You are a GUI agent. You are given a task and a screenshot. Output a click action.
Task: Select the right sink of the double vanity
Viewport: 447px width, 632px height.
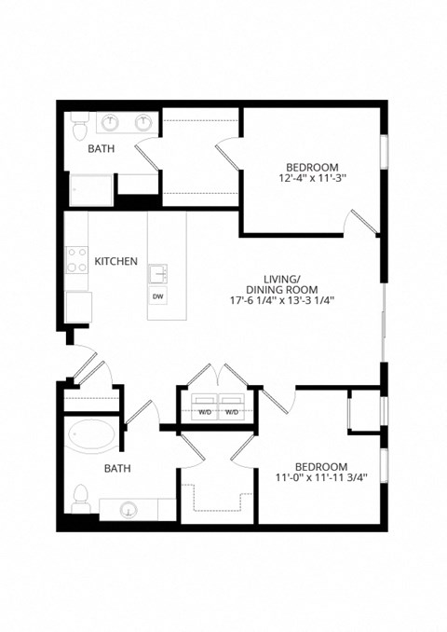coord(144,122)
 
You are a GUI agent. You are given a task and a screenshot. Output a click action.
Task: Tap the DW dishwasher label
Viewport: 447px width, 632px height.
coord(157,297)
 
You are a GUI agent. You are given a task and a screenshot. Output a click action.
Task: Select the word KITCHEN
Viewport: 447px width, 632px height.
coord(116,262)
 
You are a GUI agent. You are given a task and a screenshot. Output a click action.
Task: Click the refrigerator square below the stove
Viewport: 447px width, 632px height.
coord(77,306)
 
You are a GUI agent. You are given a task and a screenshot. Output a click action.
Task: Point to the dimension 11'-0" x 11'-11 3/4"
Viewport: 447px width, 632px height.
coord(321,478)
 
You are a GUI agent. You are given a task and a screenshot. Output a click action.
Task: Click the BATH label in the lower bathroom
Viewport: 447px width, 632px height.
coord(116,469)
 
